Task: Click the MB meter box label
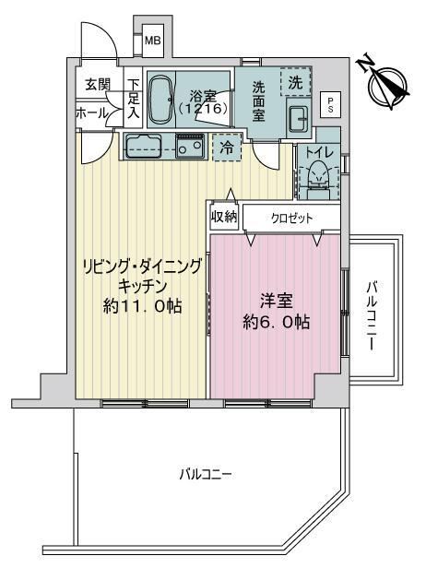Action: (152, 41)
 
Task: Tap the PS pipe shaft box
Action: (330, 105)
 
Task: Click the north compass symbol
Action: (386, 85)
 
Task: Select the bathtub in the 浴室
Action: (160, 100)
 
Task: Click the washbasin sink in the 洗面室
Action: (299, 118)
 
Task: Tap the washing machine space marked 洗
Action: (295, 83)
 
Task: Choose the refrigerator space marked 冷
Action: (227, 148)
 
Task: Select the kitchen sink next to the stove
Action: (143, 146)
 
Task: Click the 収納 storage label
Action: (225, 217)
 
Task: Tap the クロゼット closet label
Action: (291, 219)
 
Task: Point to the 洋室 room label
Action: (276, 301)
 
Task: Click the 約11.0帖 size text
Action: (142, 307)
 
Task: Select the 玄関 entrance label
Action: (98, 85)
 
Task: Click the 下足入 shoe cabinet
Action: (133, 98)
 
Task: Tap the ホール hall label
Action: (92, 113)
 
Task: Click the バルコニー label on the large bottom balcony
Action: (206, 474)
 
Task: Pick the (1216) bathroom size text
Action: (203, 108)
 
